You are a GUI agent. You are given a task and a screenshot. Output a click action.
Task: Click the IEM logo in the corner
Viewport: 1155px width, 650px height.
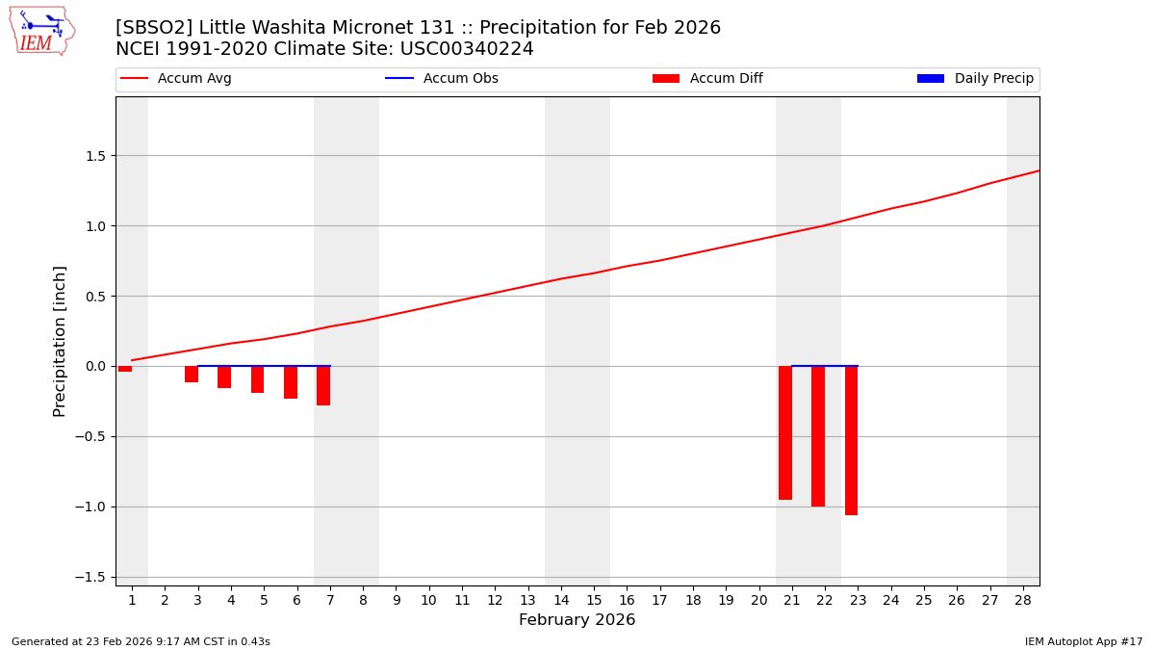[41, 31]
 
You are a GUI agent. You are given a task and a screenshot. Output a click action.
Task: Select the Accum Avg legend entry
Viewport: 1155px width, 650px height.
[176, 79]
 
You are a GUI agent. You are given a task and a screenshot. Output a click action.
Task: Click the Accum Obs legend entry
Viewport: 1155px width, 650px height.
[442, 79]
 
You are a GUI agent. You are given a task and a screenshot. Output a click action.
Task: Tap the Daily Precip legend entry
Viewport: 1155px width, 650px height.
[975, 79]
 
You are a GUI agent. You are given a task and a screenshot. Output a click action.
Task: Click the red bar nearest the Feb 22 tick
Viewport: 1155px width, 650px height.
[818, 436]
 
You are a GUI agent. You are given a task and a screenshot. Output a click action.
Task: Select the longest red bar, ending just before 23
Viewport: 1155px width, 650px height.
[851, 440]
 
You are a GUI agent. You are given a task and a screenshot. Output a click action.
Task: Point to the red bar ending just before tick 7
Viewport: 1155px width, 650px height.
[323, 385]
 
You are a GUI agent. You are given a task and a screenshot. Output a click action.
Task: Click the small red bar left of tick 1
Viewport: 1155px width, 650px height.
[125, 369]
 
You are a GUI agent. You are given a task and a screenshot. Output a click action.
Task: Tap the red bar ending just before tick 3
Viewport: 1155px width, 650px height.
[192, 375]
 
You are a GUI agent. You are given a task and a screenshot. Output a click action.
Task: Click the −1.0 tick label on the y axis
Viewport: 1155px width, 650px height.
[93, 507]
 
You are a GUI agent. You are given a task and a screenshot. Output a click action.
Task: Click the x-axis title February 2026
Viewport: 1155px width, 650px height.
[577, 620]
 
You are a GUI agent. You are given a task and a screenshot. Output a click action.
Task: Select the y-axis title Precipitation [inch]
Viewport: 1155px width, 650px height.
[60, 341]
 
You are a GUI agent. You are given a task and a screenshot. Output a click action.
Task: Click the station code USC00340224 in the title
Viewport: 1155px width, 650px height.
[468, 49]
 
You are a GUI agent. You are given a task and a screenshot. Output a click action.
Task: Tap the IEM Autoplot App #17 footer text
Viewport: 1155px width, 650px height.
[1084, 641]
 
